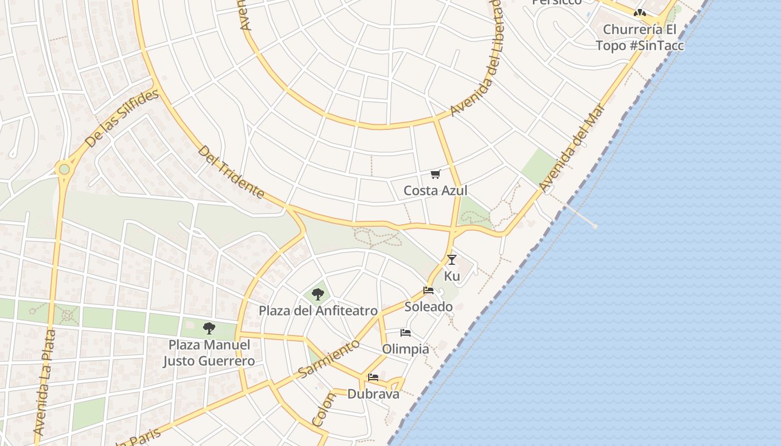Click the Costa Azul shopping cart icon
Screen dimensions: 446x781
[x=435, y=174]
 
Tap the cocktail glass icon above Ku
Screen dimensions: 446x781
[x=452, y=260]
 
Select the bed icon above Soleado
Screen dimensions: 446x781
[x=428, y=290]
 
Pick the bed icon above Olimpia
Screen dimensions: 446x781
[x=406, y=333]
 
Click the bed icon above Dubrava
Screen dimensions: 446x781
[x=373, y=377]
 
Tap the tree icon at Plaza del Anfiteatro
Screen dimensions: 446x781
[x=318, y=294]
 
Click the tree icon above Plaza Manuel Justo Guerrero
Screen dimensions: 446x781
[x=209, y=328]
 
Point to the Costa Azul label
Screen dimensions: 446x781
[x=435, y=191]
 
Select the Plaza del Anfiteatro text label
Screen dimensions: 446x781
[x=318, y=311]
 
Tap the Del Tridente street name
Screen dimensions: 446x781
[x=231, y=172]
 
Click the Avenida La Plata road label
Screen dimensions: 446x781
[x=45, y=382]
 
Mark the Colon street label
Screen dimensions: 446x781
[x=324, y=410]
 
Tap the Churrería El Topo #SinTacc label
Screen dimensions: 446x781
[x=640, y=37]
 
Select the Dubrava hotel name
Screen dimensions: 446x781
[x=373, y=394]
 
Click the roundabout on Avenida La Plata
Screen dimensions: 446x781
[x=64, y=169]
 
